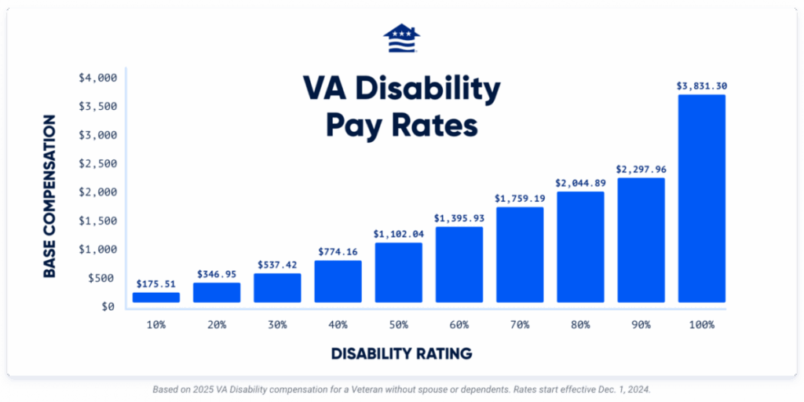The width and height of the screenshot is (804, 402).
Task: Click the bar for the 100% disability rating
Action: point(701,198)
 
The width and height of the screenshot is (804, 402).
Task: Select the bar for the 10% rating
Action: point(155,298)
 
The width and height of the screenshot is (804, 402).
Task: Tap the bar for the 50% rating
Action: point(398,272)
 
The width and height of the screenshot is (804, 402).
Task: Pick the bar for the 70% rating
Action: point(519,254)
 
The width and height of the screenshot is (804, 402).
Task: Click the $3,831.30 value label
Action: point(701,86)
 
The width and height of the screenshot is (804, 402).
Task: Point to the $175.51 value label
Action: point(155,283)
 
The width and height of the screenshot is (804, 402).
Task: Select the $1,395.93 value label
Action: point(459,217)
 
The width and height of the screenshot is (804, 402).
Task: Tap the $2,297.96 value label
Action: point(641,168)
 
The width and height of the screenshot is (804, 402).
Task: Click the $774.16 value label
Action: point(338,251)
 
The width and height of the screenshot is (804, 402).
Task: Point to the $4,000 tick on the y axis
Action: point(97,78)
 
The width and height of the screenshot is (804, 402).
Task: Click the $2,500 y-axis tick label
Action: point(97,163)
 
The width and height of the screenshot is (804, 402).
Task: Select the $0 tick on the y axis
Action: point(108,306)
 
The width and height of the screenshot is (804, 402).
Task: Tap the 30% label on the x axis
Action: point(276,324)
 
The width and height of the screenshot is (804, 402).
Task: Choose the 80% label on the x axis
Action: point(580,324)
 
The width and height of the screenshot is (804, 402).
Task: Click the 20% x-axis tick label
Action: point(216,324)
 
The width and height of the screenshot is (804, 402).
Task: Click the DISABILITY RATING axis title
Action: point(401,354)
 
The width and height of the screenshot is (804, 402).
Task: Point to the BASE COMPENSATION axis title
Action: point(49,196)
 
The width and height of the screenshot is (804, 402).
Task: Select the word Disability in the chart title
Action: point(426,91)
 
